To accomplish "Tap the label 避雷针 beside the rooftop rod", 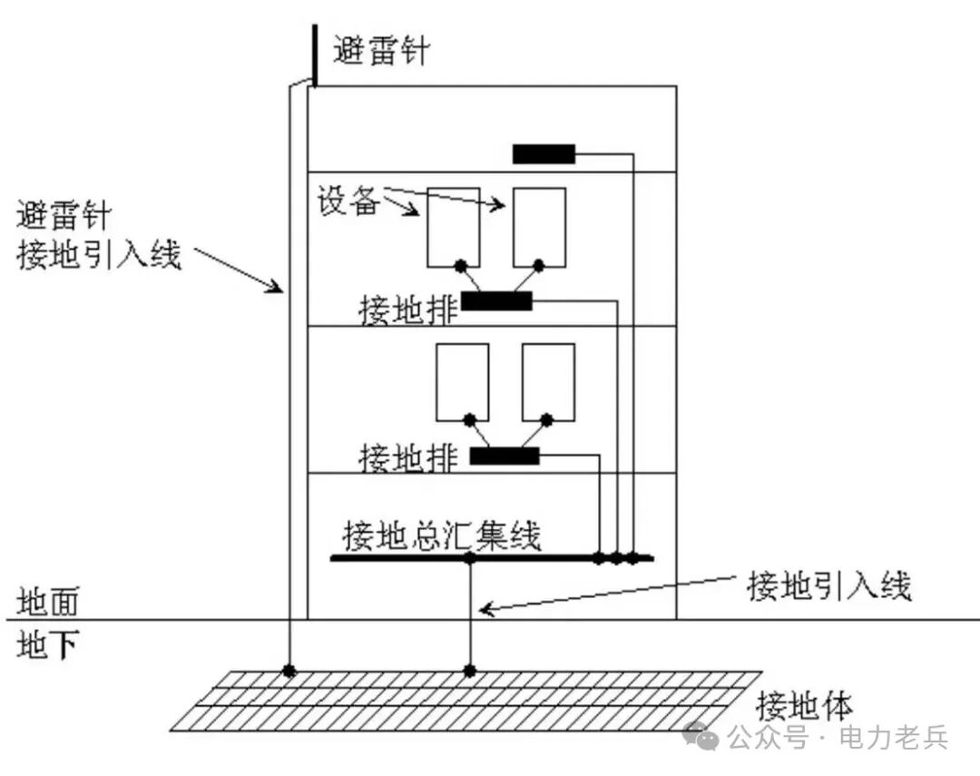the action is coord(381,51).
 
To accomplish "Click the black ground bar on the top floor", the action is coord(544,153).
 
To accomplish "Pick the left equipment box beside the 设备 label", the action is coord(454,228).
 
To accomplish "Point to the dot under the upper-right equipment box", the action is coord(539,266).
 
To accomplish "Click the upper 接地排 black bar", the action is coord(496,300).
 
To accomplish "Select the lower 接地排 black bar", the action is coord(505,456).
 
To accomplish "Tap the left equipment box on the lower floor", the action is coord(463,382).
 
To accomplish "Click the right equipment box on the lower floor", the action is coord(549,382).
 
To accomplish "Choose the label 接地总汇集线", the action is coord(441,535).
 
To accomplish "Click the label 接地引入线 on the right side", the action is coord(829,586).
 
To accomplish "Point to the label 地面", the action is coord(47,602).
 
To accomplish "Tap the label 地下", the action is coord(47,644).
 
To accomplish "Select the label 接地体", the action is coord(804,706).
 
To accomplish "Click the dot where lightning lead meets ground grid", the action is coord(289,671).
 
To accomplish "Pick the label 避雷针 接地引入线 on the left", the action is coord(99,235).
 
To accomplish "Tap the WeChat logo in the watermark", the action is coord(701,736).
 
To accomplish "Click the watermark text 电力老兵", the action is coord(894,738).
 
